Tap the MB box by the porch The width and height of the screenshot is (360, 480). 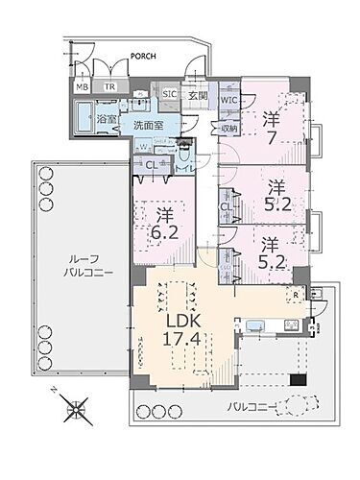coord(83,85)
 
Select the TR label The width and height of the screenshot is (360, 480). coord(109,85)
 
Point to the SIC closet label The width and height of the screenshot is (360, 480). coord(169,94)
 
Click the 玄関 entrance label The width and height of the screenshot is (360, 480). coord(197,94)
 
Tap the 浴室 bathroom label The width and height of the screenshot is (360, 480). coord(105,119)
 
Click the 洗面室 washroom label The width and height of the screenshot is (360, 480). coord(147,125)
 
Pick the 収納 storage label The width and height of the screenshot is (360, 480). coord(228,129)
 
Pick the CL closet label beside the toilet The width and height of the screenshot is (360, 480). coord(151,164)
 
